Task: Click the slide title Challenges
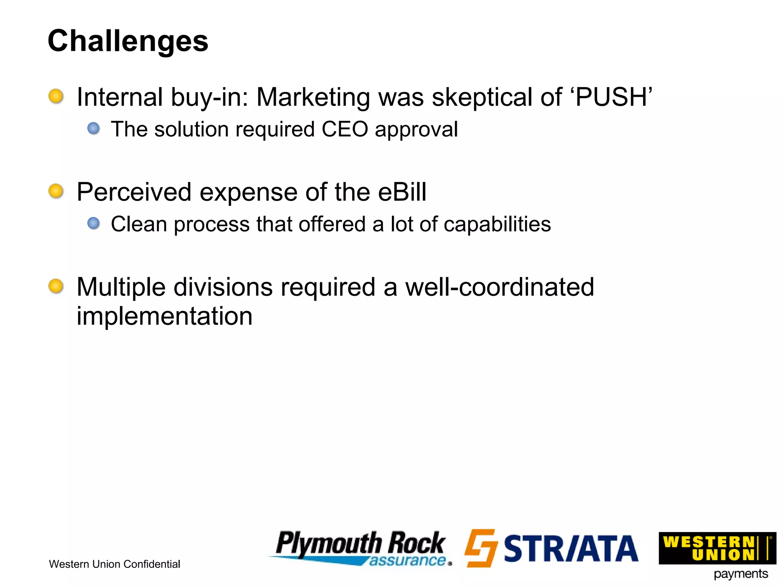128,41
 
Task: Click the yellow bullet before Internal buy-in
56,96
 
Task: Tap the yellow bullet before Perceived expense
56,191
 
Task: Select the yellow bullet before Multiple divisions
56,286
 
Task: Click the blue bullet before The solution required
93,128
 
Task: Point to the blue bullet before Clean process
93,223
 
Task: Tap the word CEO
345,129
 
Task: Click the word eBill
402,192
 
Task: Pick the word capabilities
497,225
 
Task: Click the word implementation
164,316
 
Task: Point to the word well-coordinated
499,287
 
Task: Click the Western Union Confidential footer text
114,564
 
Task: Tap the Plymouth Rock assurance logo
361,548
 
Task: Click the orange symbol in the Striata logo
481,548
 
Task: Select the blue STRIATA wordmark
571,549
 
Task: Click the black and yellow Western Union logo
717,548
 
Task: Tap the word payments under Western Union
741,574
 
